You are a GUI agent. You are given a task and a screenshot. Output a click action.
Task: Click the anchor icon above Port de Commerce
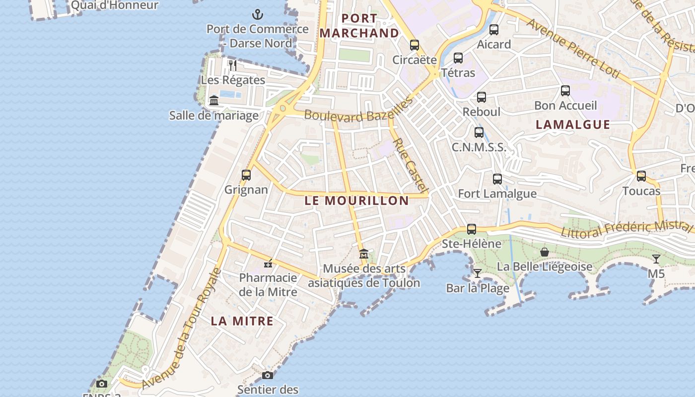coord(257,14)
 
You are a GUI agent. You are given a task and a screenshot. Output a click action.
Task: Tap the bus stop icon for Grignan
coord(246,175)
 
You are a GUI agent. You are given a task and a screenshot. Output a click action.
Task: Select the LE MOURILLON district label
coord(356,200)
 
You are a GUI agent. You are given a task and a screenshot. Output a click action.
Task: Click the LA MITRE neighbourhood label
coord(242,321)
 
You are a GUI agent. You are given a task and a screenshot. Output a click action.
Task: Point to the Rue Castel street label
coord(410,165)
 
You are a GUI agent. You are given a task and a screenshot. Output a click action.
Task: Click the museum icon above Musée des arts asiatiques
coord(364,254)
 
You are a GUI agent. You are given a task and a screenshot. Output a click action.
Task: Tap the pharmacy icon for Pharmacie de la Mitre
coord(268,263)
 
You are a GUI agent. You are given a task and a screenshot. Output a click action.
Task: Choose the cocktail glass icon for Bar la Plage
coord(477,273)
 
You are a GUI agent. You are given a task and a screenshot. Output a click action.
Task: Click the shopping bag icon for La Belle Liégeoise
coord(545,252)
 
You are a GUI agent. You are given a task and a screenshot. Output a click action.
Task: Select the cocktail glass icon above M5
coord(656,259)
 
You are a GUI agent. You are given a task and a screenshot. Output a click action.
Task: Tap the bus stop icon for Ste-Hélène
coord(472,229)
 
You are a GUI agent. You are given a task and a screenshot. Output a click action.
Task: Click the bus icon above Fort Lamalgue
coord(497,179)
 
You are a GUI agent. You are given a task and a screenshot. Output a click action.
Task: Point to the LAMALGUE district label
coord(573,125)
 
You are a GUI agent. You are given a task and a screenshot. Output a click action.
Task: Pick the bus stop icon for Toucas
coord(641,176)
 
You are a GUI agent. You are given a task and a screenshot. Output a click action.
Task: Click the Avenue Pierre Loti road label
coord(573,49)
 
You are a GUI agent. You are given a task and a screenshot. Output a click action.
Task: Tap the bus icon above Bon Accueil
coord(565,91)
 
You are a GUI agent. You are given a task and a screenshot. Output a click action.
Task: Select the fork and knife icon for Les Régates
coord(233,65)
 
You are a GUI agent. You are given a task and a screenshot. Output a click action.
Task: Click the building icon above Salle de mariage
coord(214,101)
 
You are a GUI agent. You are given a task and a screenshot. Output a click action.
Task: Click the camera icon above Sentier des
coord(268,375)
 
